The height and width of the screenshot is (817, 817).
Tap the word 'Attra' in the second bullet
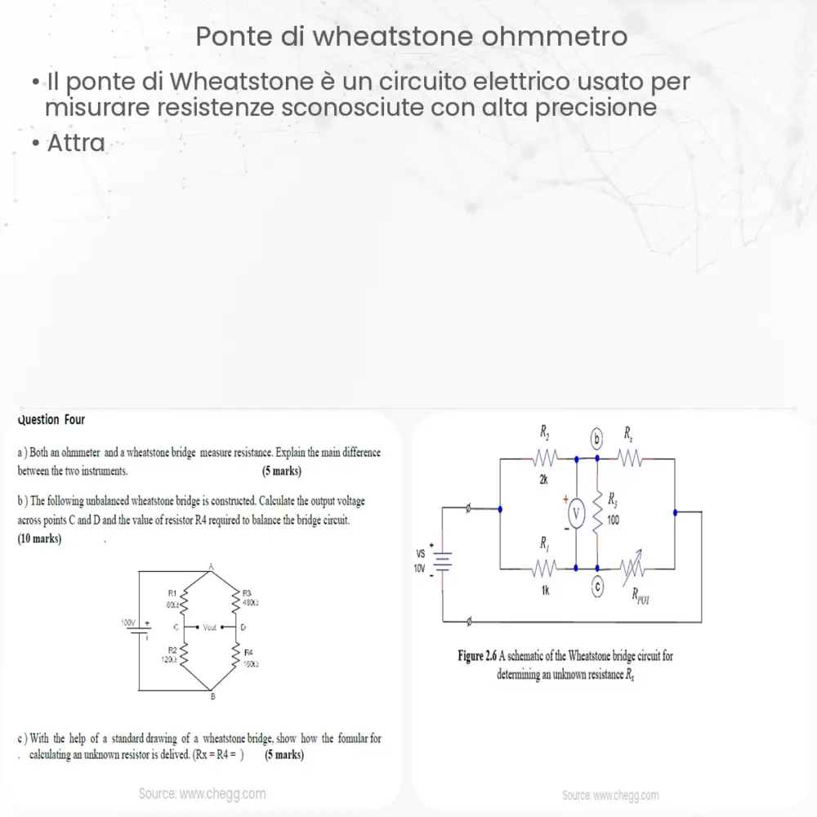(76, 143)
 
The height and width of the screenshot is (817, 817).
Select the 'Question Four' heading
(51, 420)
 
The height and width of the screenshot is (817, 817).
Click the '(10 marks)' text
(39, 539)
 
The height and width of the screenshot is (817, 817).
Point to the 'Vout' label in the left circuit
(210, 627)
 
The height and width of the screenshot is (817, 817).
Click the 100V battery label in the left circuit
(128, 623)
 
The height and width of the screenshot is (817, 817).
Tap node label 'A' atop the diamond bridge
(211, 566)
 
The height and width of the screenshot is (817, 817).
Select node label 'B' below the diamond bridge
(212, 696)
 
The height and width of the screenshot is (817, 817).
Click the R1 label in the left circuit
(172, 593)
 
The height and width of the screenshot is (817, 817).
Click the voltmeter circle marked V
(577, 512)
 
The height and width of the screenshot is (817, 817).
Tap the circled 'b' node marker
(596, 440)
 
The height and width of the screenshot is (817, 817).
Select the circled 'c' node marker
(597, 586)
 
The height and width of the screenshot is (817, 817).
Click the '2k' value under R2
(544, 480)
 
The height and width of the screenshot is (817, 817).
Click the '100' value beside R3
(614, 521)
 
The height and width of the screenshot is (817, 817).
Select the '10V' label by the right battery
(420, 568)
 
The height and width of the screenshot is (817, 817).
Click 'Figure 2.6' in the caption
(478, 656)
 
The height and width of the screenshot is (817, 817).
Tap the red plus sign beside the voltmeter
(565, 496)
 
